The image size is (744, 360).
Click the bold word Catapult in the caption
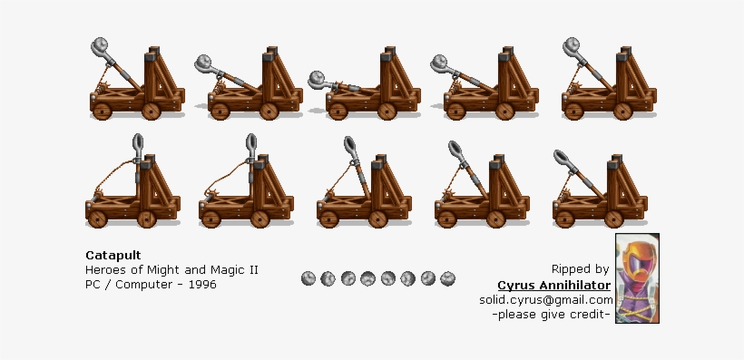tap(112, 255)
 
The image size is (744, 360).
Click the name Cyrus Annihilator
tap(553, 285)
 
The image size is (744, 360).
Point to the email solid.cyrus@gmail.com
tap(546, 300)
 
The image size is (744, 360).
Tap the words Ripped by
tap(580, 269)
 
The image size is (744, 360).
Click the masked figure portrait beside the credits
tap(637, 278)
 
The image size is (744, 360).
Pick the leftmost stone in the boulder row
tap(308, 277)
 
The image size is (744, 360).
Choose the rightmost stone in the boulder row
tap(448, 277)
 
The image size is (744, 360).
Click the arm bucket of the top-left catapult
tap(102, 47)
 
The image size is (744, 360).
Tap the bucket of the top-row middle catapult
tap(318, 79)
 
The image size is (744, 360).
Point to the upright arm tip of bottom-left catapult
tap(137, 142)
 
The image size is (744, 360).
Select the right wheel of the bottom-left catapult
tap(148, 219)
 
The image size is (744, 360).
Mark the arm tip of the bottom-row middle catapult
tap(350, 145)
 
